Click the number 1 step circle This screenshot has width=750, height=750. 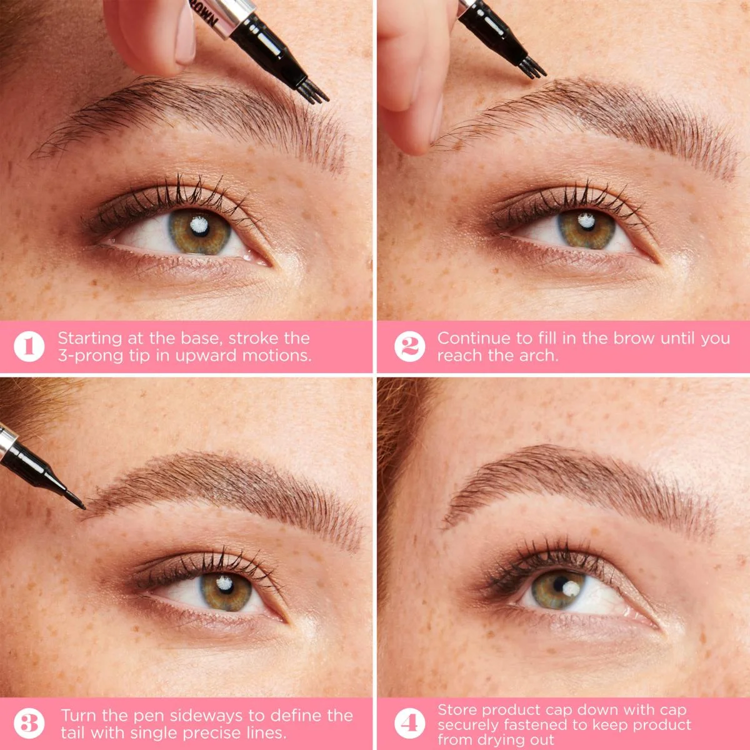(x=29, y=346)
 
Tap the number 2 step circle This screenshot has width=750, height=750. (x=409, y=346)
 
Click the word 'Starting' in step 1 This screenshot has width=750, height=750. (x=90, y=339)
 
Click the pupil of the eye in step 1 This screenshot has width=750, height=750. (x=202, y=229)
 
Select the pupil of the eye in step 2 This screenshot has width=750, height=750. (x=586, y=226)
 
